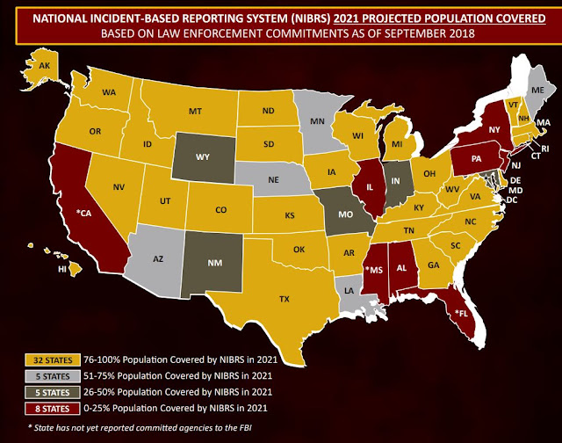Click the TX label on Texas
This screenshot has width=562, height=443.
(284, 299)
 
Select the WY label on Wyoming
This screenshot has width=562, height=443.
(201, 157)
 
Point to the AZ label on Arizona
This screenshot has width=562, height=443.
(158, 260)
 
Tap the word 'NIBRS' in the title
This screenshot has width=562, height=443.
(304, 16)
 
